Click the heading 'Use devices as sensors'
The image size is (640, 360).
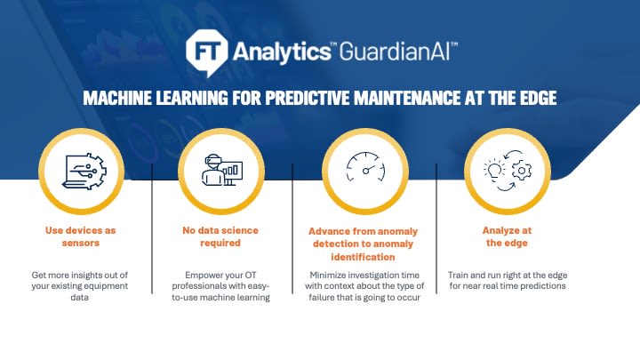(x=80, y=236)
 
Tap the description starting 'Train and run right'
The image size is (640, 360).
(x=508, y=280)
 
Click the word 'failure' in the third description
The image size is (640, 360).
(x=323, y=298)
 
